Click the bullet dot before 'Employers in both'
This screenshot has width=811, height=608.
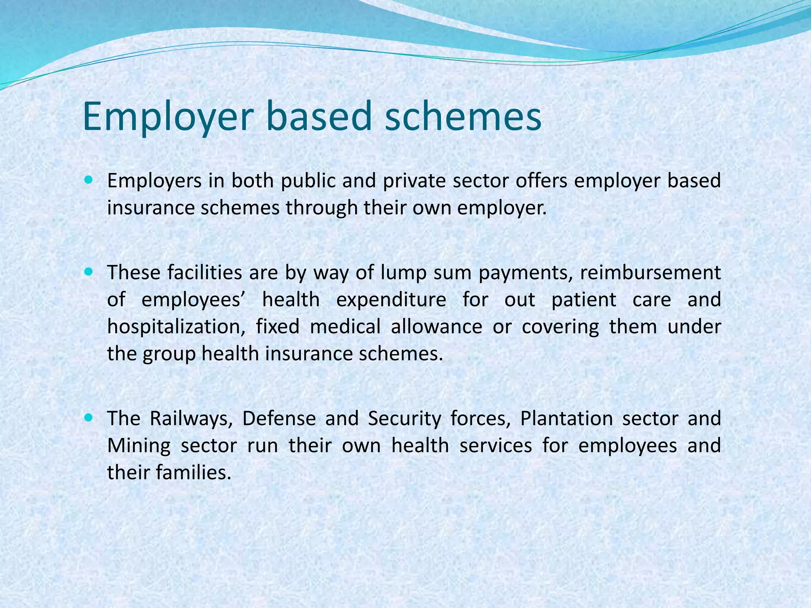pyautogui.click(x=88, y=180)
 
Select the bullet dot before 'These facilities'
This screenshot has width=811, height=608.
pyautogui.click(x=88, y=272)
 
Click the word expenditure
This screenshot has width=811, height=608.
pyautogui.click(x=391, y=300)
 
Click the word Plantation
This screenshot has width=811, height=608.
pyautogui.click(x=566, y=419)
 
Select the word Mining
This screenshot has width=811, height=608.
pyautogui.click(x=139, y=446)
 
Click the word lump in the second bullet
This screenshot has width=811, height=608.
pyautogui.click(x=404, y=273)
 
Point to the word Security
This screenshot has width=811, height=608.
pyautogui.click(x=404, y=419)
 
